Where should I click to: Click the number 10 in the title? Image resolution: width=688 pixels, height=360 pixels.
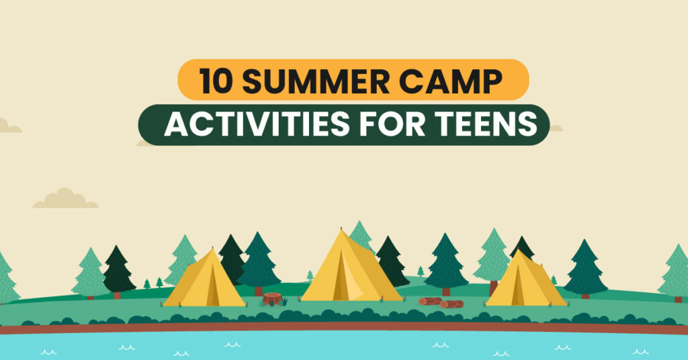click(x=215, y=81)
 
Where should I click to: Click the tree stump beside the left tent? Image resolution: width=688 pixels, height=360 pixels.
click(x=273, y=299)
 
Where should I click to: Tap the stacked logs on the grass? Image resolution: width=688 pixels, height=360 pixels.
click(x=441, y=302)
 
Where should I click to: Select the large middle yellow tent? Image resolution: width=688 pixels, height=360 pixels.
click(x=351, y=267)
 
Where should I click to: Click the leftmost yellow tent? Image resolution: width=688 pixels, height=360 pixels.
click(x=204, y=278)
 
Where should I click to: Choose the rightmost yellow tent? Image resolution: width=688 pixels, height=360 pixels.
click(x=525, y=279)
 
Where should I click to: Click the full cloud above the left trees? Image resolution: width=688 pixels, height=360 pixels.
click(x=66, y=199)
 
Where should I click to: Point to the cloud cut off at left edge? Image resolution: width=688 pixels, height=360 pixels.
click(x=9, y=126)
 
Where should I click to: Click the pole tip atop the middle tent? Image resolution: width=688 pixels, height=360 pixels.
click(x=341, y=229)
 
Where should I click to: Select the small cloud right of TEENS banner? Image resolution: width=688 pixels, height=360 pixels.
click(x=556, y=128)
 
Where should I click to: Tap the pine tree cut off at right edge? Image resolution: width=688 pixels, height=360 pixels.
click(x=674, y=273)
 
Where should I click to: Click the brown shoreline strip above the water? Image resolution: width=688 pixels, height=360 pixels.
click(x=344, y=327)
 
